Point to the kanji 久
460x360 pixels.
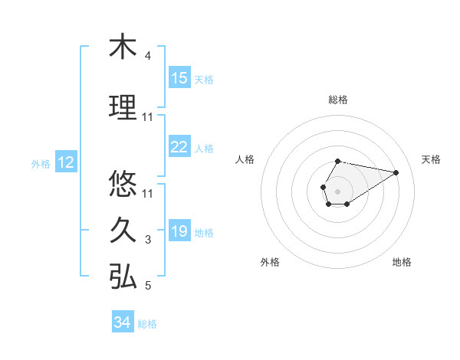(x=123, y=230)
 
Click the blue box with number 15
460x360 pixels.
(x=179, y=78)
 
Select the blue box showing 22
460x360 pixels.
(x=179, y=148)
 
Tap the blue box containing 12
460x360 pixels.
(x=66, y=162)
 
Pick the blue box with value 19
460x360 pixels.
(x=179, y=232)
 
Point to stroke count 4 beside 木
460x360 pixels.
(x=148, y=56)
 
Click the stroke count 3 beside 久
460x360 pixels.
(x=148, y=240)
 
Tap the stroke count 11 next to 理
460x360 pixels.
(x=148, y=117)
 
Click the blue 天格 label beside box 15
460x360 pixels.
(x=204, y=79)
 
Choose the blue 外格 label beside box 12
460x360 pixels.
(x=41, y=163)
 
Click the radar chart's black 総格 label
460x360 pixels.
(x=338, y=100)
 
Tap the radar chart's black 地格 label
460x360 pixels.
(x=402, y=262)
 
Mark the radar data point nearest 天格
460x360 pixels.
(x=396, y=172)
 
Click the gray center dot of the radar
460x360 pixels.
(x=337, y=190)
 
